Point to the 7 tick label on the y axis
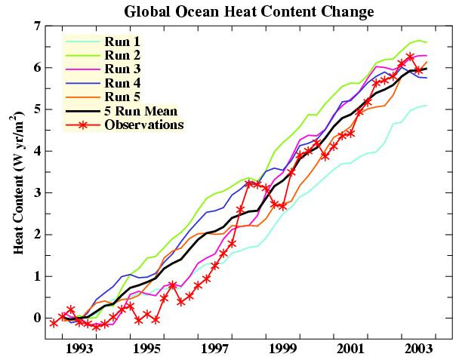coord(36,26)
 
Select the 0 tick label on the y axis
coord(36,318)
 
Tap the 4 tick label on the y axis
coord(36,151)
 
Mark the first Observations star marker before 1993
coord(54,322)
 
